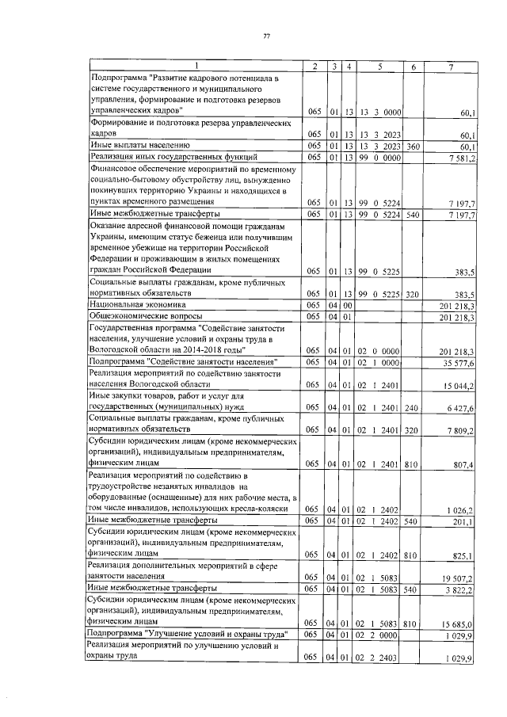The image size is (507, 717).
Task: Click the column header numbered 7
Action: [x=450, y=66]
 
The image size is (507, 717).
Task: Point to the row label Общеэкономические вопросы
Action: [x=139, y=316]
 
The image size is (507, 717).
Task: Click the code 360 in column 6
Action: [x=412, y=146]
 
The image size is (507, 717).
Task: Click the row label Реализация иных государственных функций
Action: [x=151, y=158]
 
